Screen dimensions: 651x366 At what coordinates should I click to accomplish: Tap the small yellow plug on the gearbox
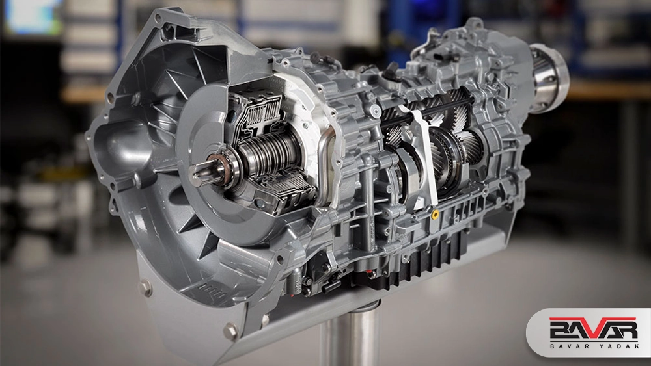[x=435, y=215]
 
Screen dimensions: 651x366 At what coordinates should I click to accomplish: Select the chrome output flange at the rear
[x=548, y=79]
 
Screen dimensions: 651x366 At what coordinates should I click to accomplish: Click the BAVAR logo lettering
[x=593, y=330]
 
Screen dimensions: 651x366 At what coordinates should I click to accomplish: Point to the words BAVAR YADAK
[x=594, y=346]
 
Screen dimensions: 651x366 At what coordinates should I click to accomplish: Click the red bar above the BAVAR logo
[x=593, y=319]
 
